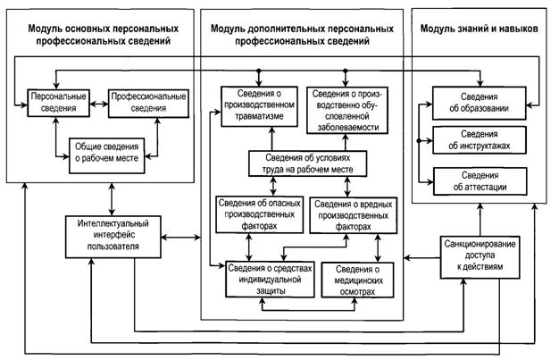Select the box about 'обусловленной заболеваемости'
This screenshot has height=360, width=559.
[x=348, y=110]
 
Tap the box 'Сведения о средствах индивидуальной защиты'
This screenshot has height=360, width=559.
[x=263, y=278]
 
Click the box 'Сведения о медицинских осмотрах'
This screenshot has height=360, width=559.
[x=356, y=278]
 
